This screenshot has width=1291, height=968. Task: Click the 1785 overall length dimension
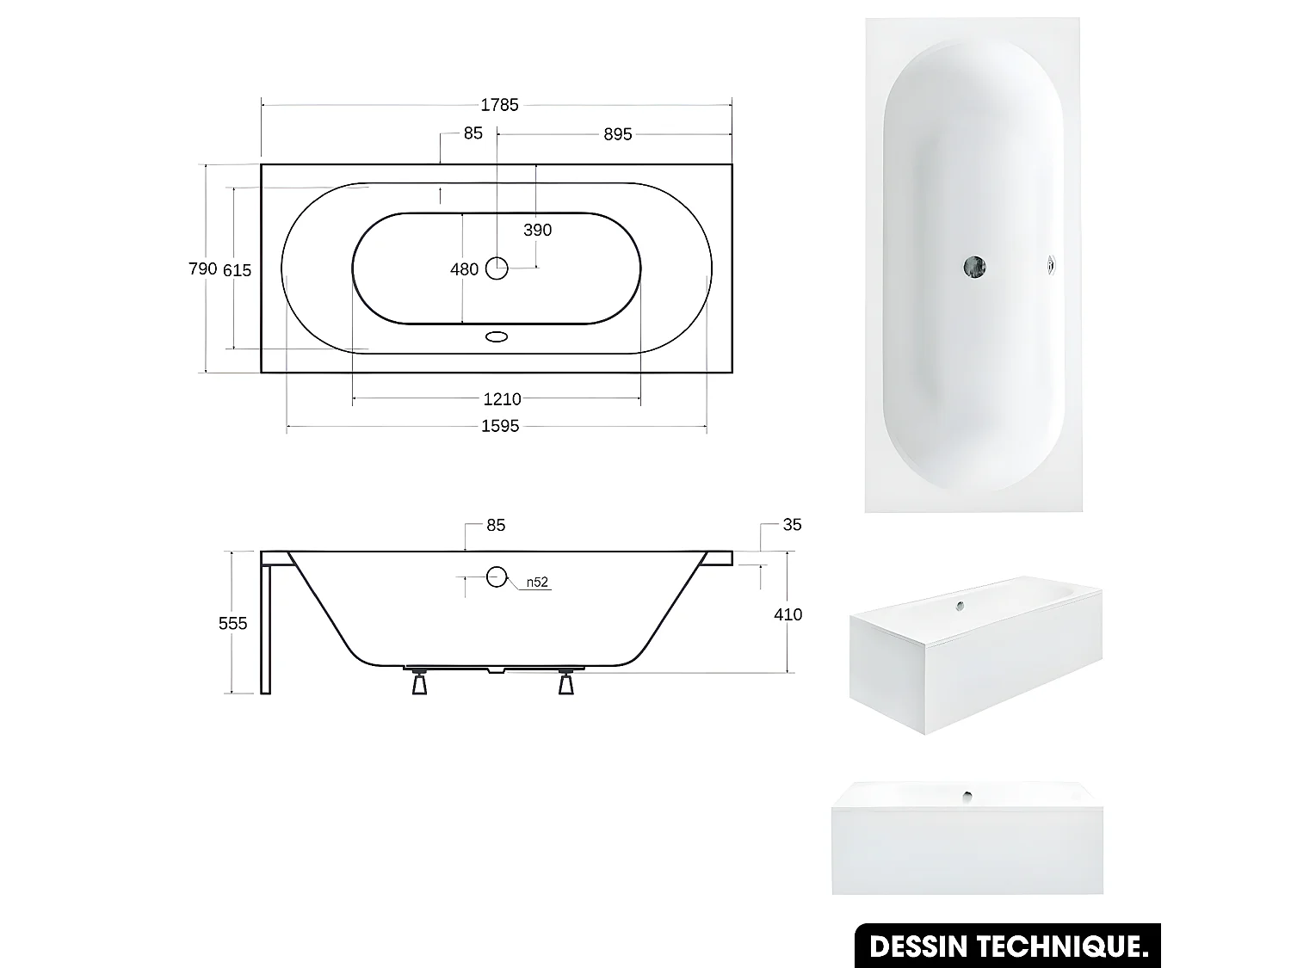pos(499,105)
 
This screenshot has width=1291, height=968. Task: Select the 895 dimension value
pos(617,134)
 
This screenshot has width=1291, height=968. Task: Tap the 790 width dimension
pos(202,269)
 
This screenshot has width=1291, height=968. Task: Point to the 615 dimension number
pos(238,270)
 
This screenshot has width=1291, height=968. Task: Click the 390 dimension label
pos(537,230)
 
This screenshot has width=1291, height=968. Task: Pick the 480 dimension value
pos(464,269)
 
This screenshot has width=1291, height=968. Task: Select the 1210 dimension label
pos(502,399)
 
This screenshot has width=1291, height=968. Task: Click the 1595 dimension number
pos(500,426)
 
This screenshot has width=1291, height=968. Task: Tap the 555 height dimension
pos(232,623)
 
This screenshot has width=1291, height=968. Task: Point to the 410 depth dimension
pos(788,614)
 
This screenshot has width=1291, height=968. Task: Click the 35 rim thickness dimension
pos(792,525)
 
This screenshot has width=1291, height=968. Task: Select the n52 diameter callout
pos(537,583)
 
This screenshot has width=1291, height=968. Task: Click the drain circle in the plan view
pos(497,268)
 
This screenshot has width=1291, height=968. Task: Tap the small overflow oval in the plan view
pos(497,337)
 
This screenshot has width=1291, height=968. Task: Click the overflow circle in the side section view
pos(497,576)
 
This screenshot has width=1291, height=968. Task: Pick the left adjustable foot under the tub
pos(419,681)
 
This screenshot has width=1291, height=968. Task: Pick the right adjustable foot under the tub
pos(566,681)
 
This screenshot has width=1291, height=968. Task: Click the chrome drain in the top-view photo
pos(974,267)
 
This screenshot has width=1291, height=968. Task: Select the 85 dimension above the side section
pos(496,525)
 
